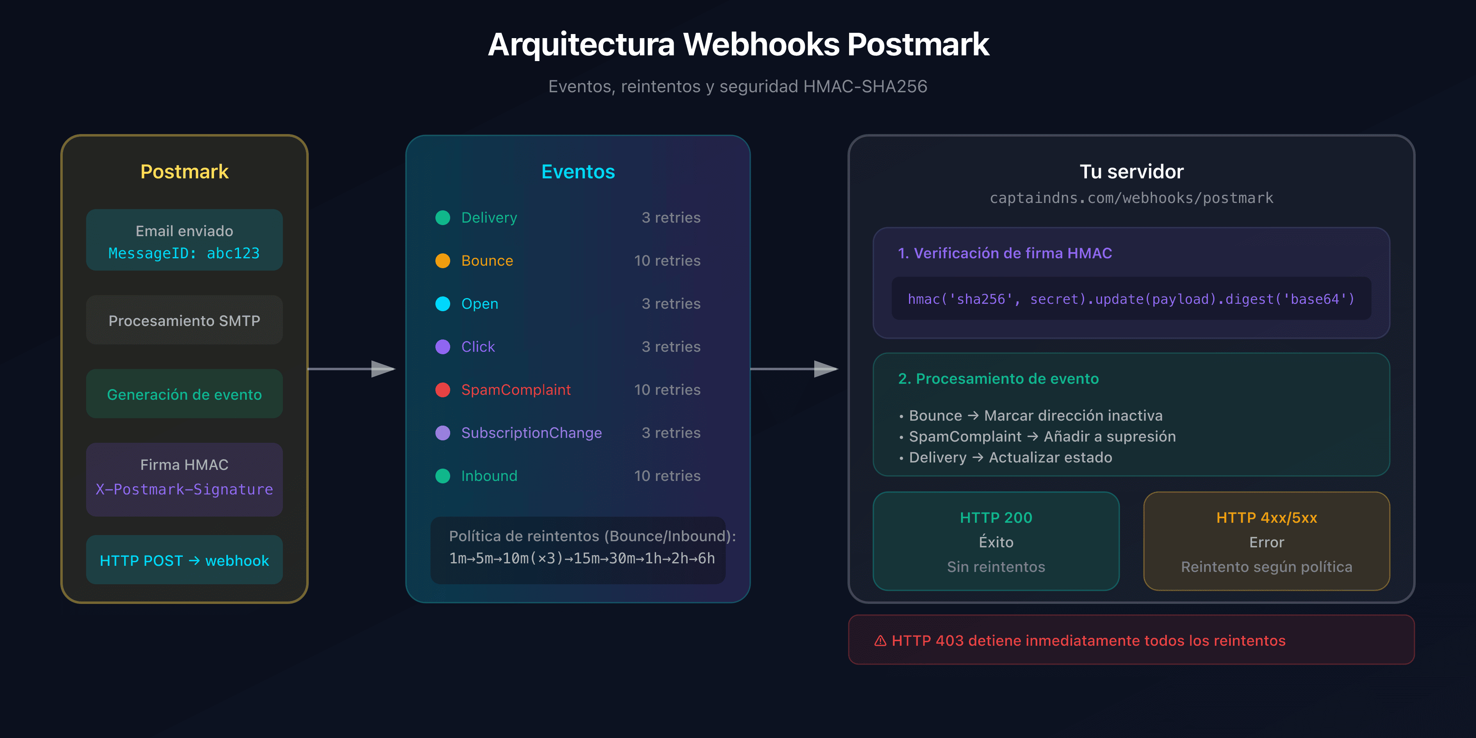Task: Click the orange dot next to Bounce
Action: pos(442,261)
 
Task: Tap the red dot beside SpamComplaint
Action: pos(442,389)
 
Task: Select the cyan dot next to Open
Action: pos(442,304)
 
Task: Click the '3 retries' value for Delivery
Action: pos(670,218)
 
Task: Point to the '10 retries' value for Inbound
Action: pos(667,476)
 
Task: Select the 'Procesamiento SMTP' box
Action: pos(184,320)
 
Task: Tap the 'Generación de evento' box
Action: pos(184,394)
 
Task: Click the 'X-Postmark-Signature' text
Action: pos(184,489)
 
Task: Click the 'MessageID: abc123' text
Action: pos(184,253)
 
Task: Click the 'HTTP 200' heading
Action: pos(996,517)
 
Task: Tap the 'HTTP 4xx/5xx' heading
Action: pos(1266,517)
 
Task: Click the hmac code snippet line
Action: pos(1131,299)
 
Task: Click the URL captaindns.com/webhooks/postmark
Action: pos(1131,198)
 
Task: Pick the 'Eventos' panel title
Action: pos(578,171)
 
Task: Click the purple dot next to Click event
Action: pos(442,346)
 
